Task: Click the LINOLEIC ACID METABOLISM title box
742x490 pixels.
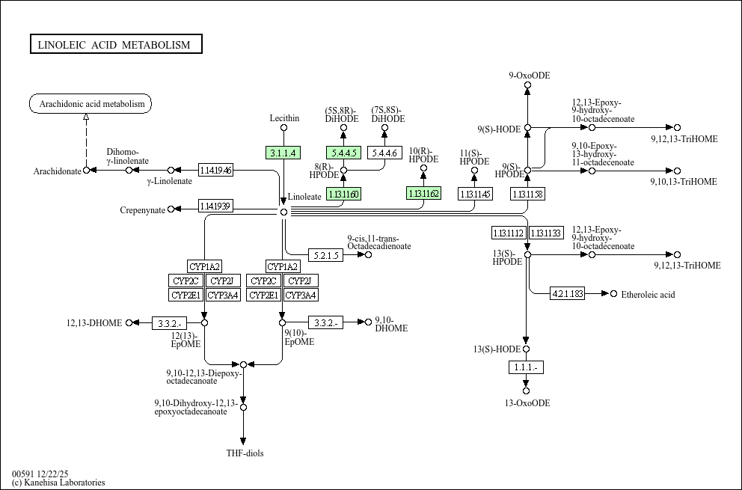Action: point(116,45)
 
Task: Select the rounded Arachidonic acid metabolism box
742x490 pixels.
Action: point(91,104)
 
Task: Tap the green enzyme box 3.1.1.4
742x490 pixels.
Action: point(283,153)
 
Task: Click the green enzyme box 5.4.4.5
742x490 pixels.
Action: point(343,153)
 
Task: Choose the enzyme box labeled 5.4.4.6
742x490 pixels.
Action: point(384,153)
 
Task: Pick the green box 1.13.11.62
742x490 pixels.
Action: point(423,194)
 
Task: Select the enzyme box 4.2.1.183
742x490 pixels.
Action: point(567,293)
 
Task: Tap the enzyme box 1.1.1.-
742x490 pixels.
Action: point(526,367)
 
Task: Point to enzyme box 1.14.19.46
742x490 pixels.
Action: point(215,170)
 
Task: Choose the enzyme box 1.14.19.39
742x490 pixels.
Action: point(215,206)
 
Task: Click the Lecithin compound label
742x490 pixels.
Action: point(284,118)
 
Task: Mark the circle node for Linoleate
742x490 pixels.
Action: point(283,212)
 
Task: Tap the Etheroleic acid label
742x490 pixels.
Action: point(648,294)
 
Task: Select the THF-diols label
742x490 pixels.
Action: point(245,453)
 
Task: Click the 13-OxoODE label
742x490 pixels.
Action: point(527,403)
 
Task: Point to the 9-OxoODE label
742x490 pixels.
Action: point(529,75)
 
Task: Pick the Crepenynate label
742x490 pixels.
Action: point(142,210)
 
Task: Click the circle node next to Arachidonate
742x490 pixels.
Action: point(86,171)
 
